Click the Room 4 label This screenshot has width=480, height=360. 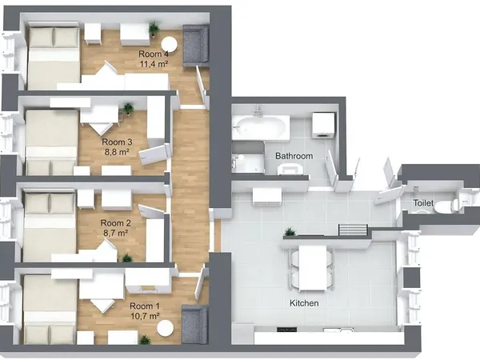[155, 53]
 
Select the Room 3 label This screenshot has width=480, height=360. [117, 142]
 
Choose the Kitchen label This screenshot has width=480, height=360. [304, 304]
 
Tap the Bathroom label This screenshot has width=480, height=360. [294, 155]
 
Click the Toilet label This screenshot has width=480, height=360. [423, 204]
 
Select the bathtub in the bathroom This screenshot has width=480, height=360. [261, 126]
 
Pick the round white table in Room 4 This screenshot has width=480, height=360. [169, 45]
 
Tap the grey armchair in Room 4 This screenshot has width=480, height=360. [195, 45]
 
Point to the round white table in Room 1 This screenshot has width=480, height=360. [165, 328]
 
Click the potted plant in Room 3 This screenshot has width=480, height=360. [128, 107]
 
